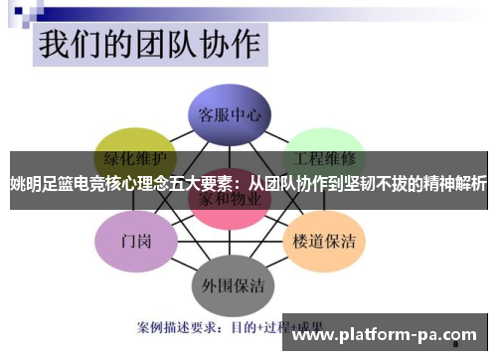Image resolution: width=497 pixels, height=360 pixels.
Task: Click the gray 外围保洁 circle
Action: point(228,285)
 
